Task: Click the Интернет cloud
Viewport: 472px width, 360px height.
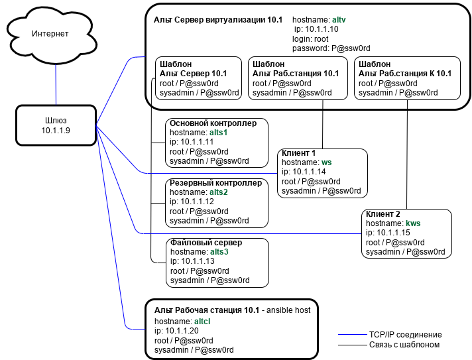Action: [x=50, y=34]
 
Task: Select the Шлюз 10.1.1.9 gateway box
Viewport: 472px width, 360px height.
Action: [x=56, y=126]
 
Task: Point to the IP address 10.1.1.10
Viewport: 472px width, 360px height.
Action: [x=322, y=29]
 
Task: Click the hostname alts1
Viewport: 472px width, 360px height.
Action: [x=219, y=133]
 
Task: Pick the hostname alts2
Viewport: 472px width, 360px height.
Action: [x=219, y=192]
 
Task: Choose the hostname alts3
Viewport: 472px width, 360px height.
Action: [x=219, y=252]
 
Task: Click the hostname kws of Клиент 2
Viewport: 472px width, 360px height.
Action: [x=413, y=223]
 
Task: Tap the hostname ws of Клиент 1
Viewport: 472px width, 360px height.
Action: [x=326, y=162]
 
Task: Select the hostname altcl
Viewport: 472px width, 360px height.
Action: [x=203, y=320]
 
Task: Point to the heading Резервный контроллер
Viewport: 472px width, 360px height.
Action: [x=215, y=183]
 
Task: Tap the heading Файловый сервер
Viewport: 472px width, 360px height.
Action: [x=206, y=243]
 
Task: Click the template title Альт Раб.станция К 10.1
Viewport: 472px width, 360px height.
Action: [x=405, y=74]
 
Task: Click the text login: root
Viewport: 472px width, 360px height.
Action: [x=310, y=39]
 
